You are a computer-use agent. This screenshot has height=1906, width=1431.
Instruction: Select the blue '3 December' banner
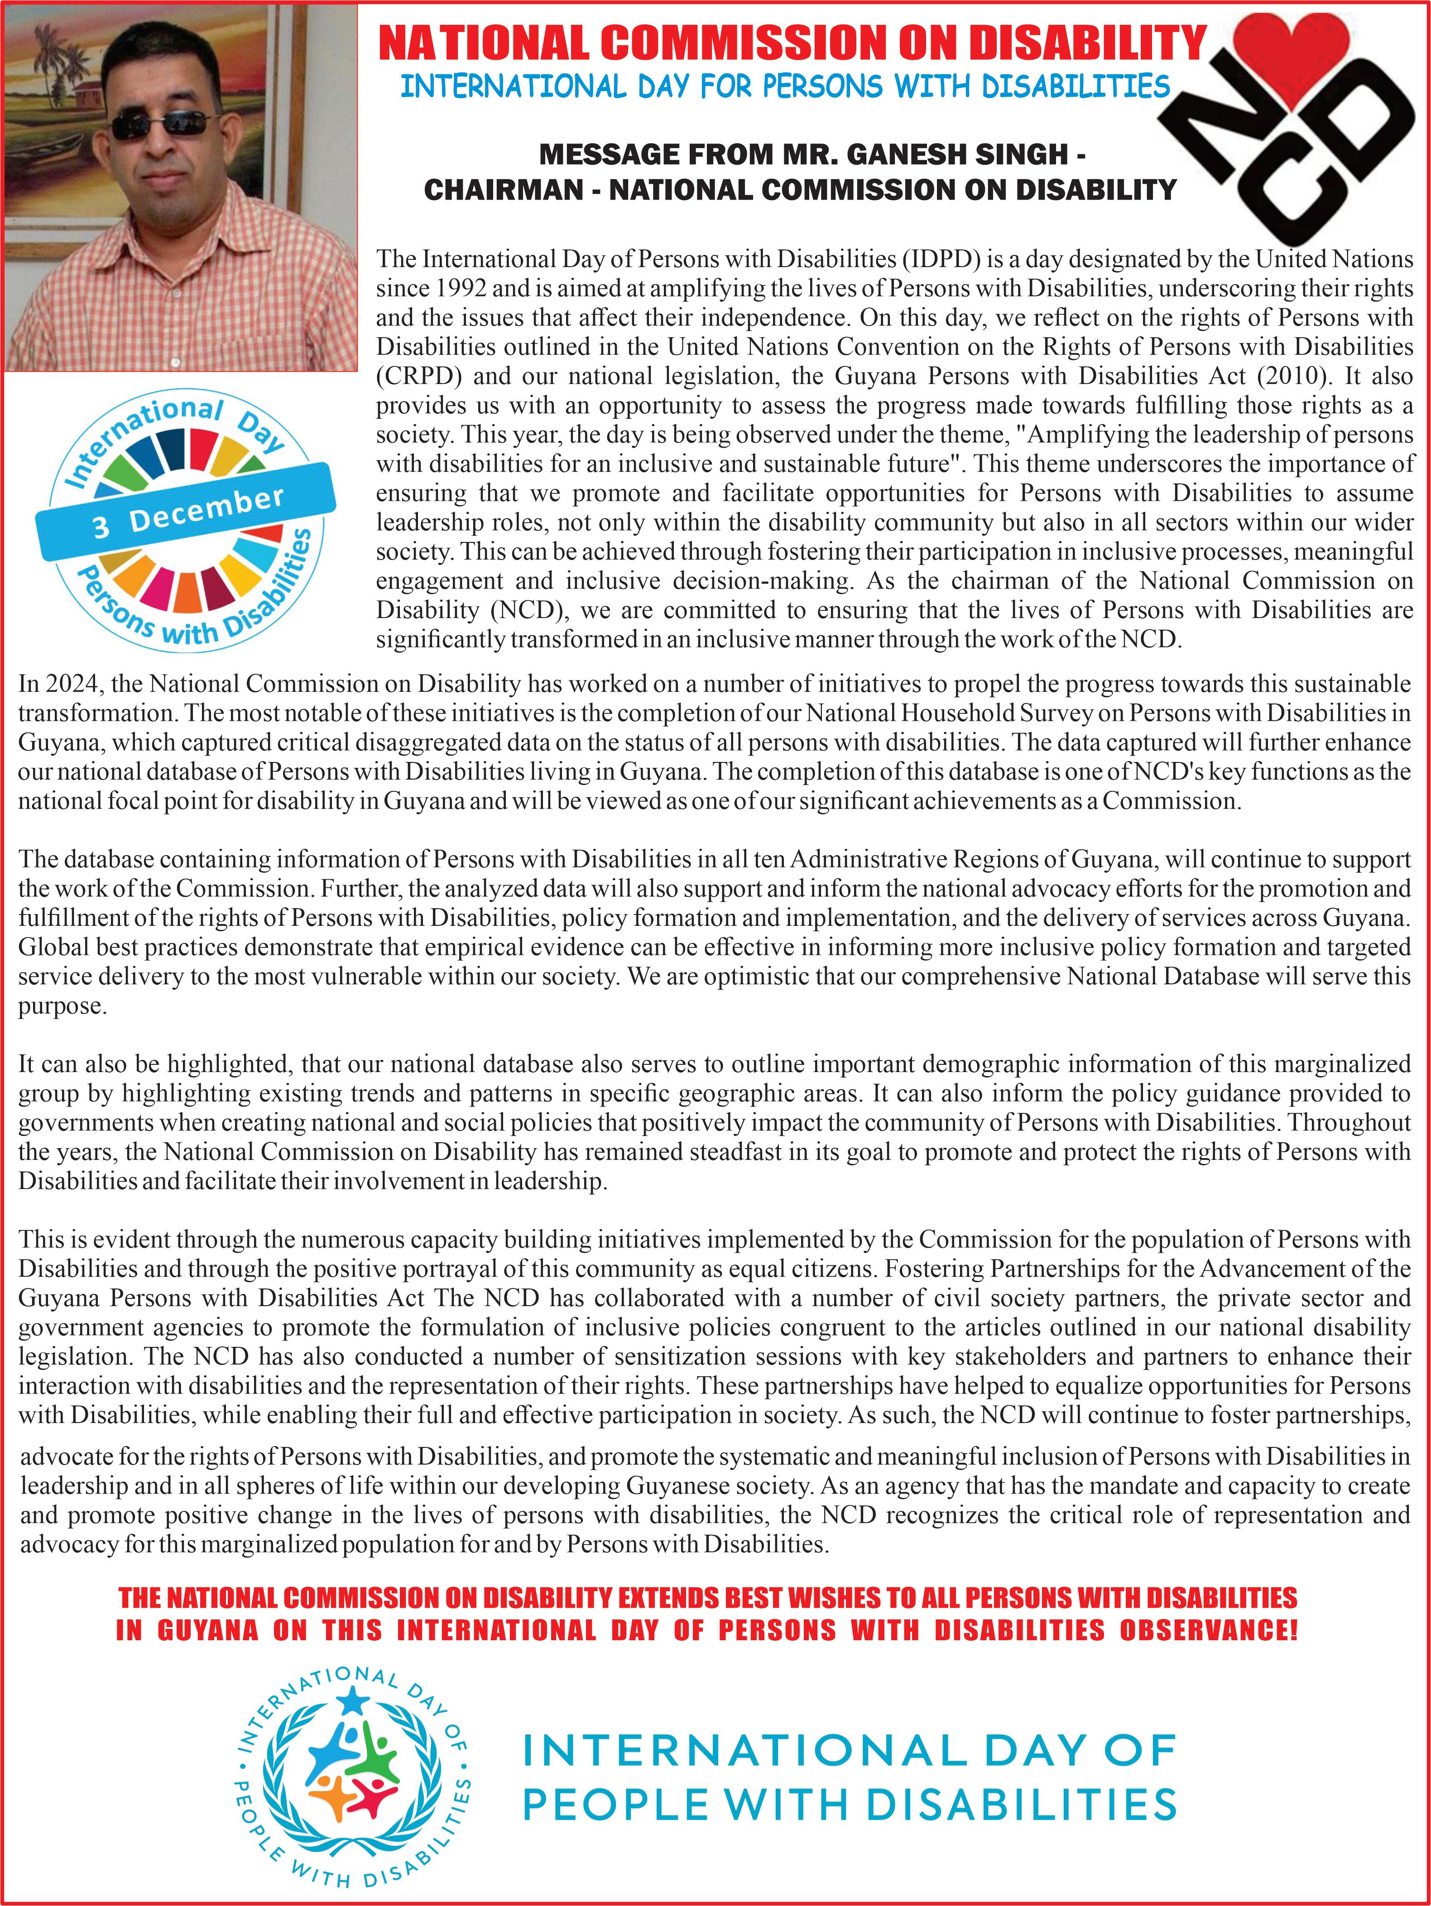pyautogui.click(x=185, y=511)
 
